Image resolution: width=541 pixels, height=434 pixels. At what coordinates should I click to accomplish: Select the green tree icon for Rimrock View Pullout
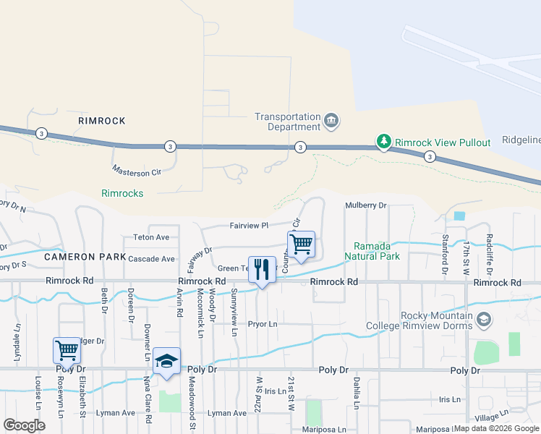384,142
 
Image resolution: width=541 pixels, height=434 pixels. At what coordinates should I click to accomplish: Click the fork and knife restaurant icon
261,271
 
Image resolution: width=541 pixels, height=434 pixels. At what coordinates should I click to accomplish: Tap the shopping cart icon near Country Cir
301,244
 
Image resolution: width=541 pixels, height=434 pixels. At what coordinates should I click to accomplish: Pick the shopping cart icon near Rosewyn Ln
67,350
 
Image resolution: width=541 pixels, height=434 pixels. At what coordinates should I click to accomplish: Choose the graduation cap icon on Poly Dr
166,361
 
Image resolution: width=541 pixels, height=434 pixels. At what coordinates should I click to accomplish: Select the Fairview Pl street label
249,226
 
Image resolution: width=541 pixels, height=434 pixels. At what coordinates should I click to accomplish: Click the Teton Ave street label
150,237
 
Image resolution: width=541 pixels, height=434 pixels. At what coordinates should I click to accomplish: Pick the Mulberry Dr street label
366,205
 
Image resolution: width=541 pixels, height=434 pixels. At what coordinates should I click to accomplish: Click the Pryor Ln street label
263,324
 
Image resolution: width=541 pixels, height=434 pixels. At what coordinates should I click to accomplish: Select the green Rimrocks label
122,193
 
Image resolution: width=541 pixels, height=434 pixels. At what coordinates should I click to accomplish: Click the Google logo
24,425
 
